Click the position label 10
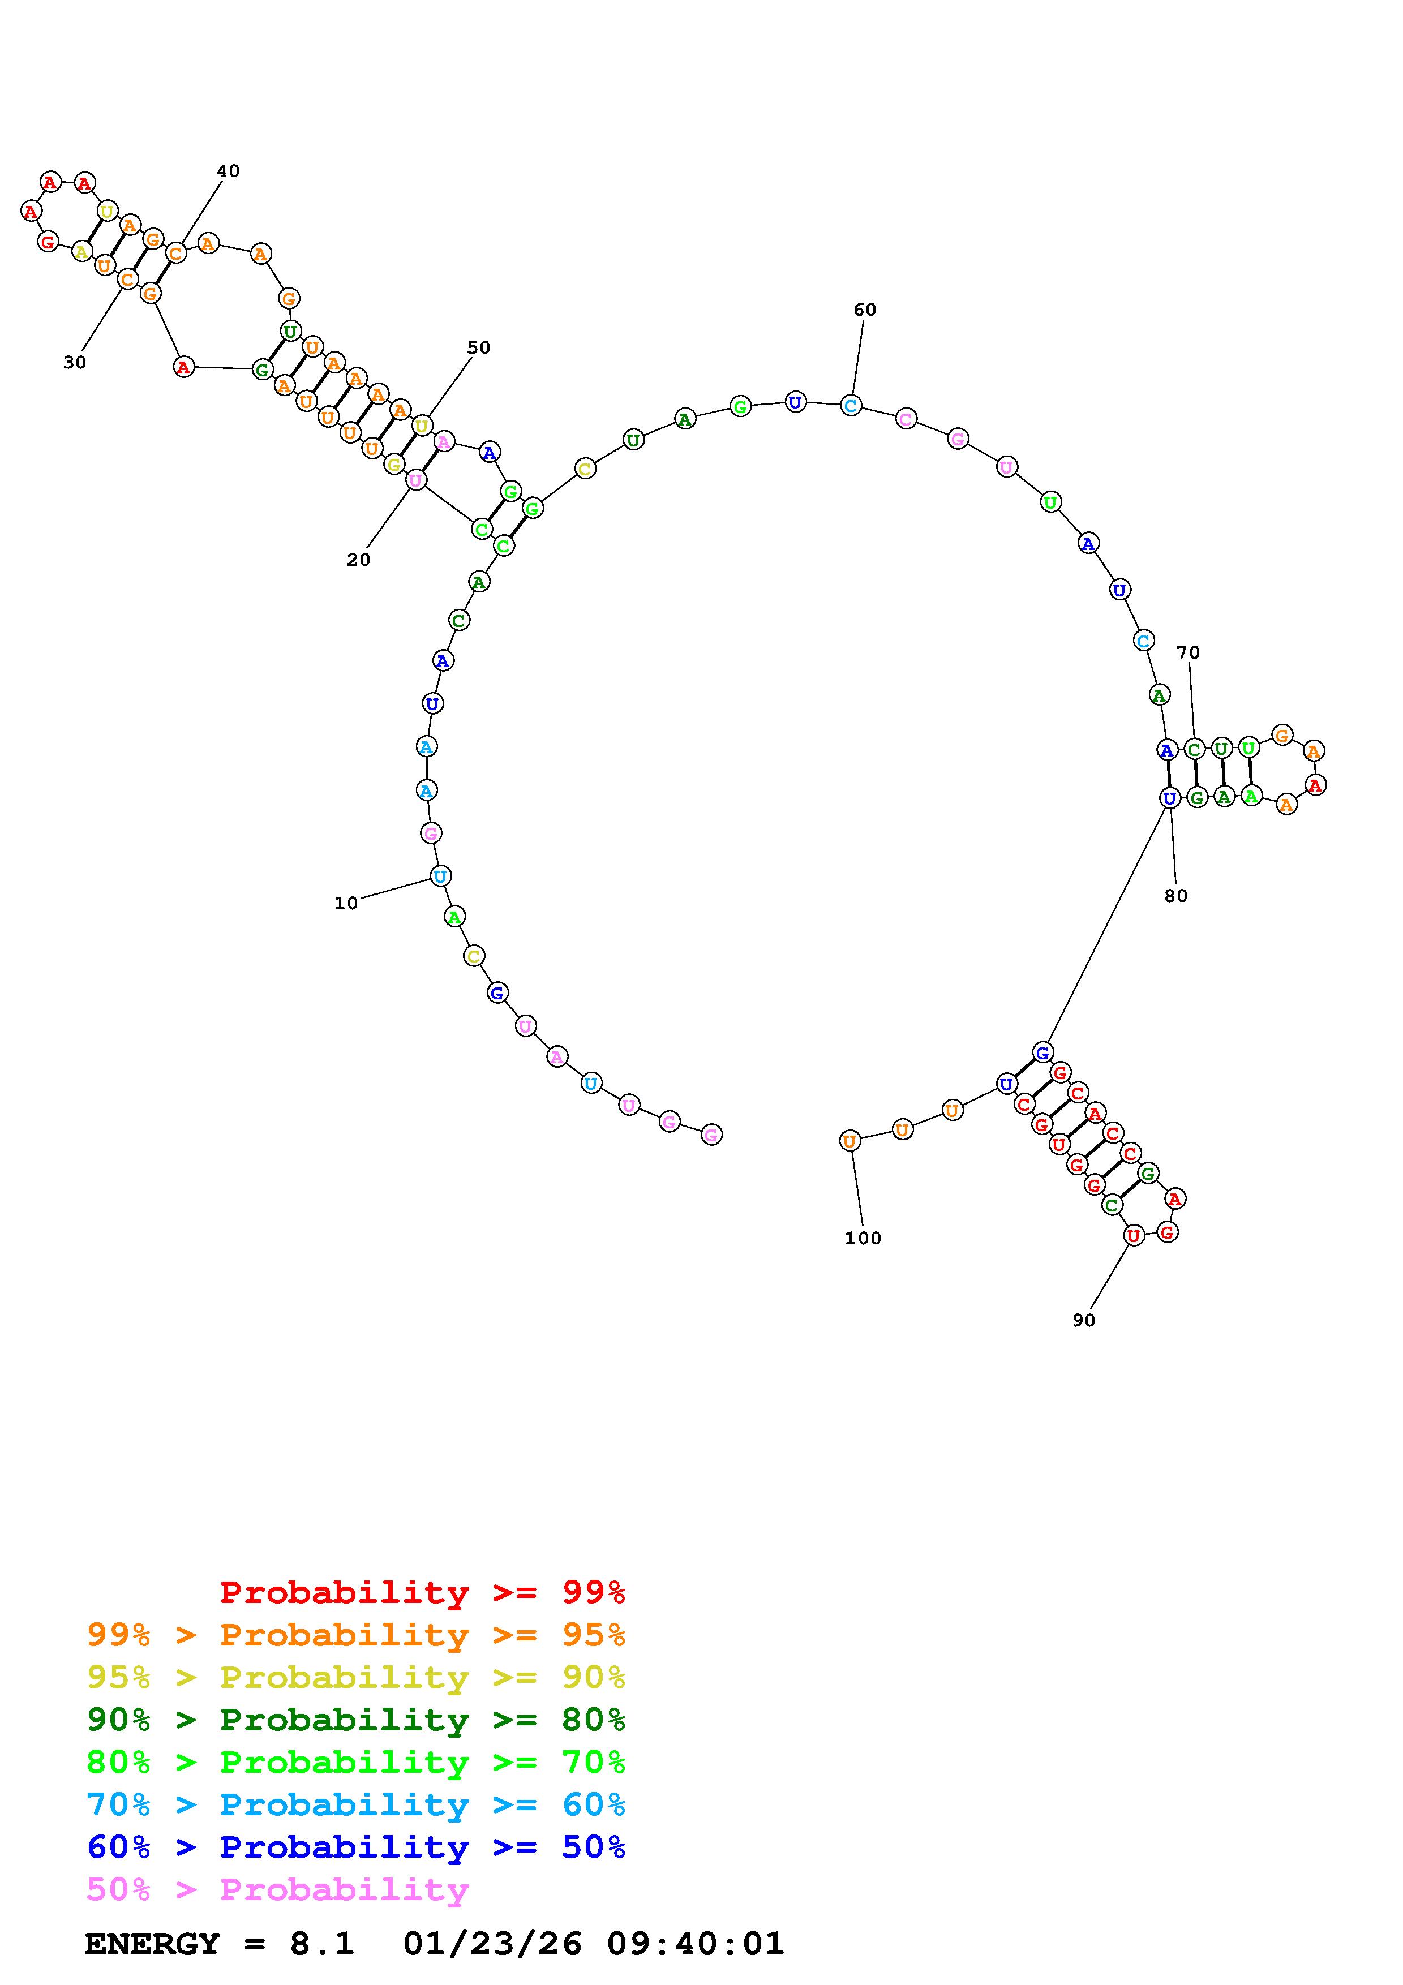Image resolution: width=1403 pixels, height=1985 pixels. (x=346, y=904)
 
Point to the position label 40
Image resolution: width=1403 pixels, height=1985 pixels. (x=228, y=171)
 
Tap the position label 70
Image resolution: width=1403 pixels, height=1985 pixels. (x=1189, y=653)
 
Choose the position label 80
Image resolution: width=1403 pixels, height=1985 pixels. (x=1175, y=896)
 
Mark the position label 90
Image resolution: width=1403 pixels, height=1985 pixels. (x=1084, y=1320)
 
